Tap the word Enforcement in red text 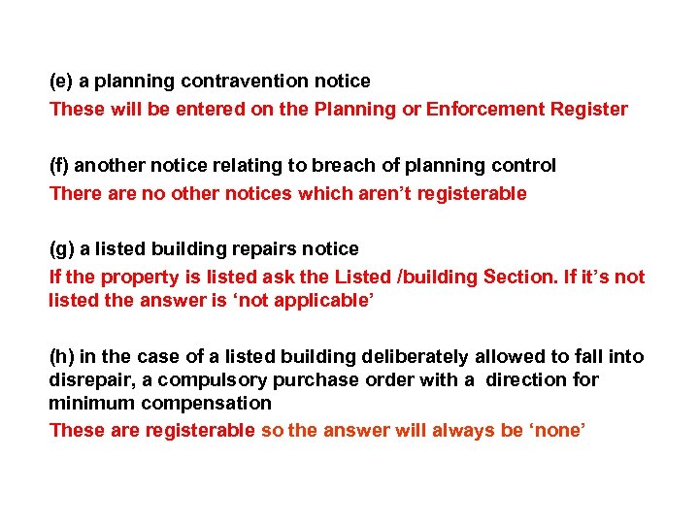(x=478, y=109)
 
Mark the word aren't (x=368, y=193)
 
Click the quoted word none (x=556, y=430)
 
